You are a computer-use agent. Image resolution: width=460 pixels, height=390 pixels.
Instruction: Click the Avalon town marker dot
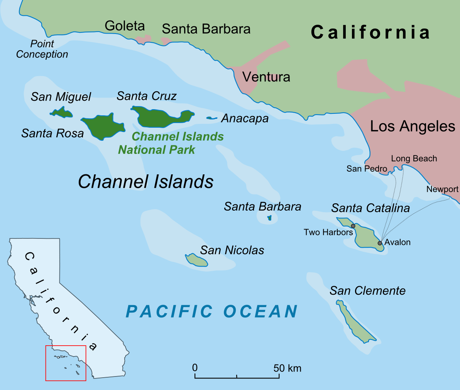click(380, 243)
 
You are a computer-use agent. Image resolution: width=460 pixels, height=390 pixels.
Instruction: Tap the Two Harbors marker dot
click(353, 226)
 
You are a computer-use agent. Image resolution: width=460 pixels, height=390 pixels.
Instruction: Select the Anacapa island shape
click(211, 118)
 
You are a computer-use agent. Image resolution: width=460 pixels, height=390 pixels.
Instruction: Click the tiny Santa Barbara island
click(269, 218)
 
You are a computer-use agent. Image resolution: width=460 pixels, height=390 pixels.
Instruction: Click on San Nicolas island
click(197, 260)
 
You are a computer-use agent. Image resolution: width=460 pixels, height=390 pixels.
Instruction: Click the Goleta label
click(125, 26)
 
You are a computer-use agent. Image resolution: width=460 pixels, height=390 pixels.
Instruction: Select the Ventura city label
click(266, 77)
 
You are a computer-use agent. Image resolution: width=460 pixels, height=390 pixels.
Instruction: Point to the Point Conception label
click(42, 49)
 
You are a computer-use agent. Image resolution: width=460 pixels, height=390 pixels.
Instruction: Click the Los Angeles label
click(413, 127)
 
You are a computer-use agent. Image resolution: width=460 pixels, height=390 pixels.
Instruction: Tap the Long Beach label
click(414, 159)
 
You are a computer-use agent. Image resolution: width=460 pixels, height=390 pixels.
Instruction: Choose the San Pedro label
click(367, 169)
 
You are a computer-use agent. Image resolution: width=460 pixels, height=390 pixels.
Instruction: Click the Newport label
click(442, 189)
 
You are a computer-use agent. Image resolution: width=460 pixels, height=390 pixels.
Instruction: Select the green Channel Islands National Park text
click(171, 143)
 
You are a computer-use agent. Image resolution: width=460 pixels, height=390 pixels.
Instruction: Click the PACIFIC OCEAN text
click(212, 311)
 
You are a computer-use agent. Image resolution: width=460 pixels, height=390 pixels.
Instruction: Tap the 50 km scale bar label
click(287, 368)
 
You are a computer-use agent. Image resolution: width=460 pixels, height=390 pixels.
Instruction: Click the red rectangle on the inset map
click(66, 363)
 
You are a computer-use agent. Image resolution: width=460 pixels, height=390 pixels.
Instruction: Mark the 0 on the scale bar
click(195, 368)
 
